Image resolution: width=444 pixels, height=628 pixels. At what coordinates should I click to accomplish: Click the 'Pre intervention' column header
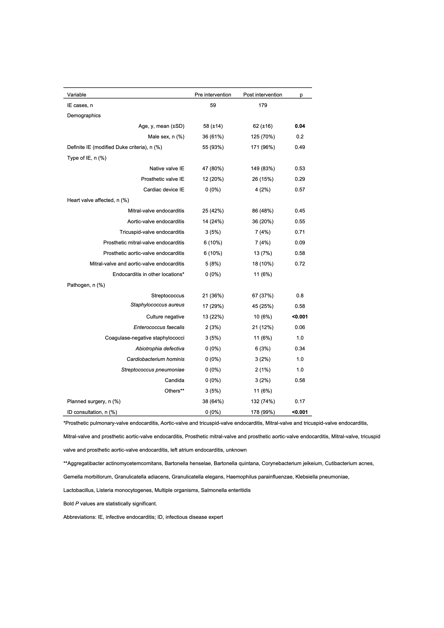coord(213,95)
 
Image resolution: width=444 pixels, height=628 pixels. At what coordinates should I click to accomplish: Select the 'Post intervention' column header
coord(262,95)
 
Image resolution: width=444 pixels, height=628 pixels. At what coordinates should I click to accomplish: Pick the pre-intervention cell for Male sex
coord(213,137)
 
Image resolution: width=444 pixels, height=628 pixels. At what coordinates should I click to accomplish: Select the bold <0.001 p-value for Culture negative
coord(300,317)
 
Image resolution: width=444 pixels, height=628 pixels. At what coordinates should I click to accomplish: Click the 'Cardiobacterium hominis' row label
coord(155,359)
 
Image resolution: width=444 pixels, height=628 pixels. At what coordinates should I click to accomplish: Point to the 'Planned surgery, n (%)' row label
coord(94,402)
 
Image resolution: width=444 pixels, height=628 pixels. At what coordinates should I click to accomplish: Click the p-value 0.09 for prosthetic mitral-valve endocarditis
coord(300,243)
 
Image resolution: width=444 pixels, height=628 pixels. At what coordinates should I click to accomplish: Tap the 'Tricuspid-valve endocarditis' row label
coord(152,232)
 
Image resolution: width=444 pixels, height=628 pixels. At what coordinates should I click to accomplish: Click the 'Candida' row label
coord(174,380)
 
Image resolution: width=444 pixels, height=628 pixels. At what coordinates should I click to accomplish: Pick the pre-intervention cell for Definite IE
coord(213,148)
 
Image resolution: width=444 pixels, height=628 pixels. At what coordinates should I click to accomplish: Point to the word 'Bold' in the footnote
coord(68,504)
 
